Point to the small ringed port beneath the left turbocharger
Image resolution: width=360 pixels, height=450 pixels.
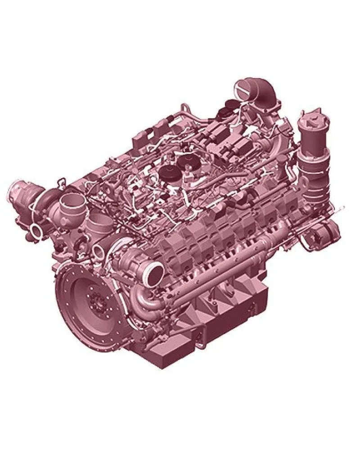(36, 231)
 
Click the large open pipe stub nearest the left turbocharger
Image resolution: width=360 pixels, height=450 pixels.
(72, 205)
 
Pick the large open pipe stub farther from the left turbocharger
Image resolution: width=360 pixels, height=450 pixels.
(99, 224)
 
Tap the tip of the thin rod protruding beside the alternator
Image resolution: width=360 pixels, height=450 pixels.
(343, 207)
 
